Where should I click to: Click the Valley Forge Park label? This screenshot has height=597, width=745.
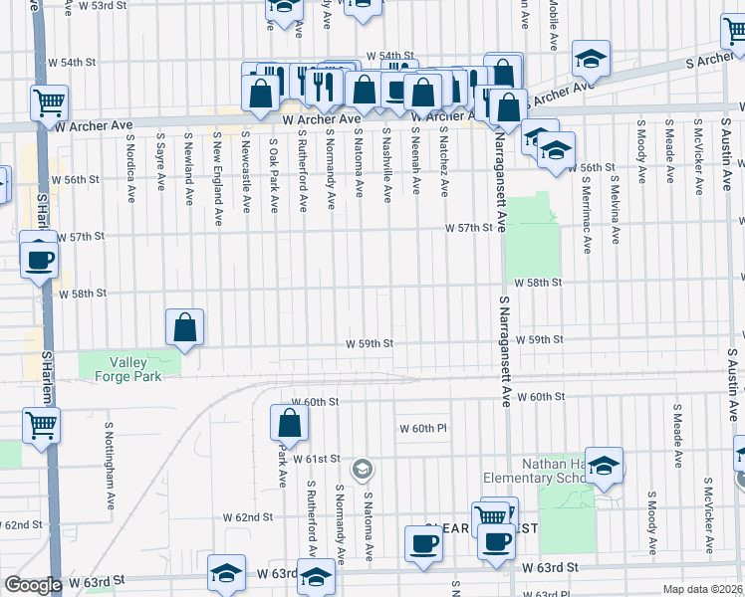(128, 369)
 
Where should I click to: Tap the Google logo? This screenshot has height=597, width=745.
(33, 585)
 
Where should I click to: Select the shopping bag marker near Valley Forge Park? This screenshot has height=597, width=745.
(185, 326)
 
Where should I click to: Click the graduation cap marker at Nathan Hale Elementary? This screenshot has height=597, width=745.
(604, 466)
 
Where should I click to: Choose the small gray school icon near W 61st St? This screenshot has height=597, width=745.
(363, 468)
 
